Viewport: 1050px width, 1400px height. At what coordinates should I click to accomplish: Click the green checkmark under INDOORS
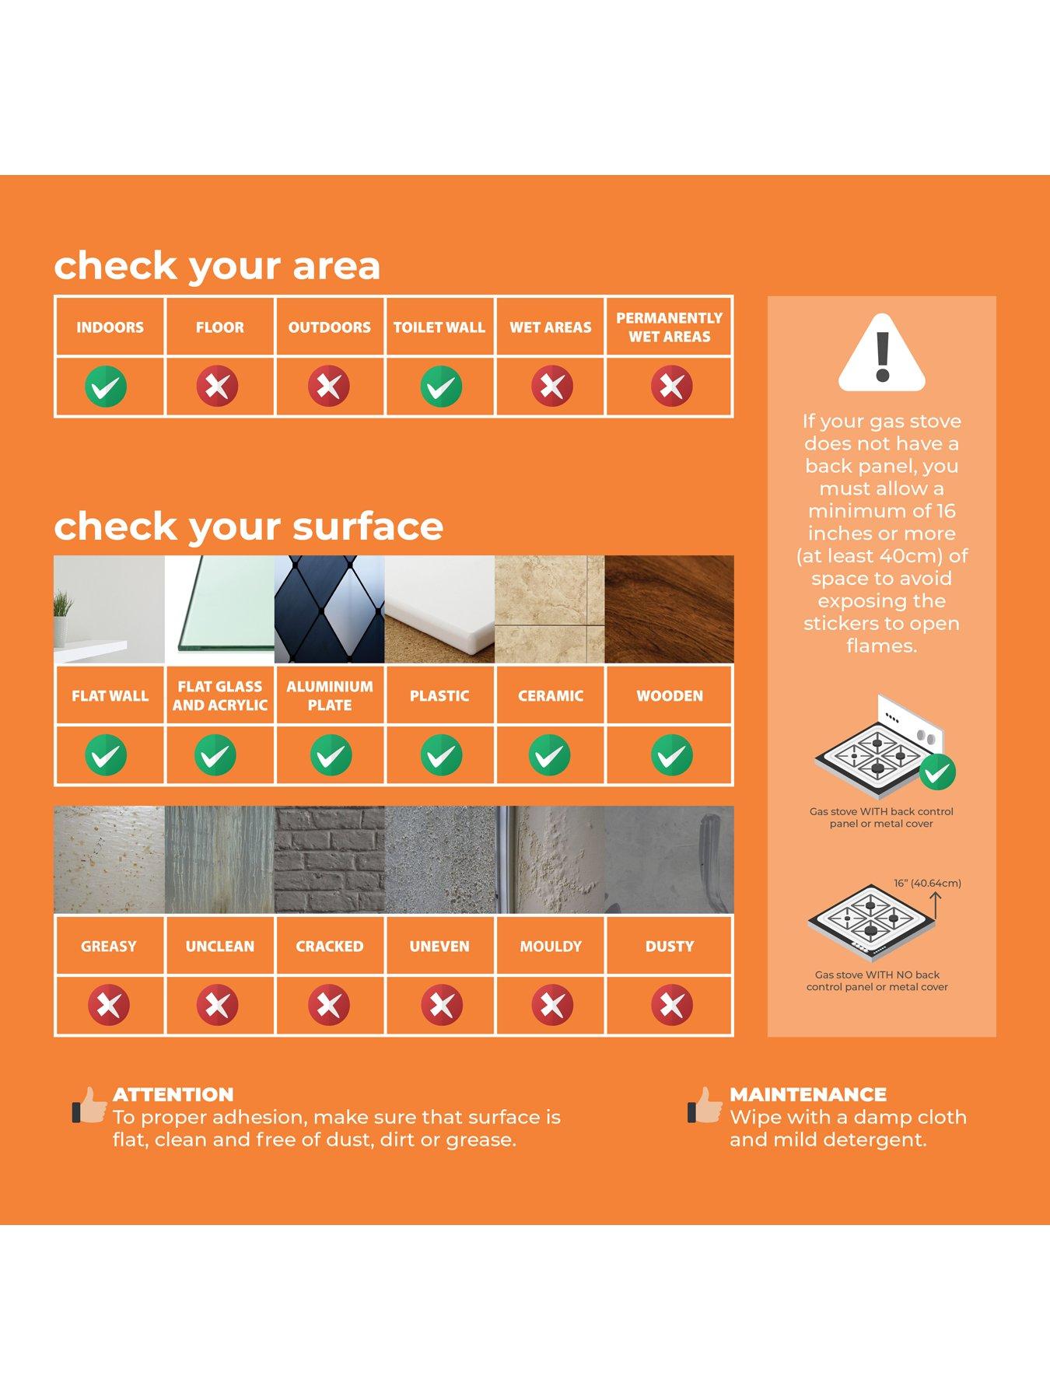click(106, 387)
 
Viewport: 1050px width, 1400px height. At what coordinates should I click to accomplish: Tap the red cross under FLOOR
click(217, 386)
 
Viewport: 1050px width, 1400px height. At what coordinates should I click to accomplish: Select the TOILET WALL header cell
click(439, 327)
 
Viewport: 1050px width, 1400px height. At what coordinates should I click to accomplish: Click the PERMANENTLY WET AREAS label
click(670, 327)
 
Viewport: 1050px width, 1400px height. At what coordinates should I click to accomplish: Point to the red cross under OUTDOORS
click(329, 386)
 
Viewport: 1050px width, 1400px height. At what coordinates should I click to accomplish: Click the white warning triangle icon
click(882, 352)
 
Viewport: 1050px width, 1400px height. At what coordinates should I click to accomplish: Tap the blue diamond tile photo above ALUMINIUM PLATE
click(330, 610)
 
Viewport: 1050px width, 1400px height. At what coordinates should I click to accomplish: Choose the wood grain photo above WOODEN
click(670, 610)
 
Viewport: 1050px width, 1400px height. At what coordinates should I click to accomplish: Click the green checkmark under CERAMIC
click(550, 755)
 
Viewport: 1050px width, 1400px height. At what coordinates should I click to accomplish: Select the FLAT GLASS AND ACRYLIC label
click(220, 696)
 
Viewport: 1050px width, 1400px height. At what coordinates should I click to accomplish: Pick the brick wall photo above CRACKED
click(330, 860)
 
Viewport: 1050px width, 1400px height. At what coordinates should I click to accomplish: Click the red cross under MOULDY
click(552, 1005)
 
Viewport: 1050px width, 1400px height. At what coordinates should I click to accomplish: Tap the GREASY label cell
click(109, 947)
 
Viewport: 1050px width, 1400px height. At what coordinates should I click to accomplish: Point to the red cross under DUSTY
click(672, 1005)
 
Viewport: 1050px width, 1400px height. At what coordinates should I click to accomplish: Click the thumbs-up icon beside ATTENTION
click(89, 1105)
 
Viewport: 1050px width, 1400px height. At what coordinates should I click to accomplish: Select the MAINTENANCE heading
click(808, 1094)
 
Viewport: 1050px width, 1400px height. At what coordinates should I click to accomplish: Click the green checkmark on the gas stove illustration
click(937, 772)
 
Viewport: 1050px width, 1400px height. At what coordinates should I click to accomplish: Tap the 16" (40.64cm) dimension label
click(927, 884)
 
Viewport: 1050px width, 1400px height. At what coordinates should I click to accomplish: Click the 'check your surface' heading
click(249, 527)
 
